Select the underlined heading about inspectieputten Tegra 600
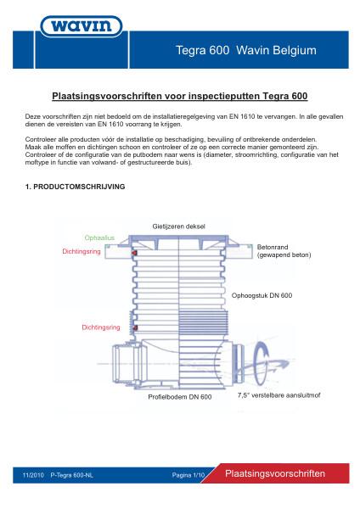pos(180,97)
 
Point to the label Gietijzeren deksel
pos(178,227)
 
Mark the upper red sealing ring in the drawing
pos(134,253)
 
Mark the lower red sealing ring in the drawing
pos(134,328)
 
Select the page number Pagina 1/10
pos(188,476)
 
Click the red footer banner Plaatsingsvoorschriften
pos(279,474)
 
